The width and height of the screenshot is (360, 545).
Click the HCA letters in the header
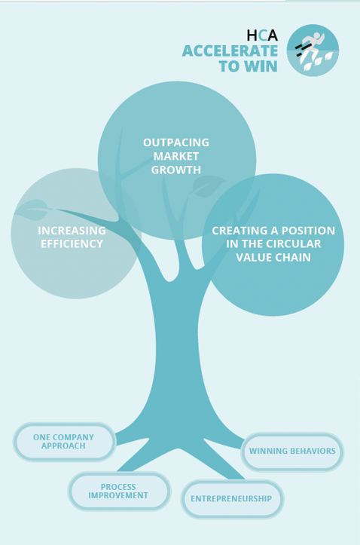pos(262,35)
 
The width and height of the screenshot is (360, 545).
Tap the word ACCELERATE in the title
pos(230,51)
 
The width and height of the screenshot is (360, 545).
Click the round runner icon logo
pos(313,51)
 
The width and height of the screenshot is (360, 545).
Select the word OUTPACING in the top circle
pos(176,142)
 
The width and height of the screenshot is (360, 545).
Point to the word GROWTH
pos(176,170)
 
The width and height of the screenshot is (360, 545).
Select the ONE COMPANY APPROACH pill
pos(64,442)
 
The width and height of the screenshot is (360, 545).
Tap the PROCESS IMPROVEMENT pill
pos(118,491)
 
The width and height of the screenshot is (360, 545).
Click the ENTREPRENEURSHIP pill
pos(231,499)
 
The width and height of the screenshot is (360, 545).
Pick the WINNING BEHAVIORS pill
pos(292,452)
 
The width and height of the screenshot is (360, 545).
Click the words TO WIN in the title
pos(248,66)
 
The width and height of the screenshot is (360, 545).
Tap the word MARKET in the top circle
pos(176,156)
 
